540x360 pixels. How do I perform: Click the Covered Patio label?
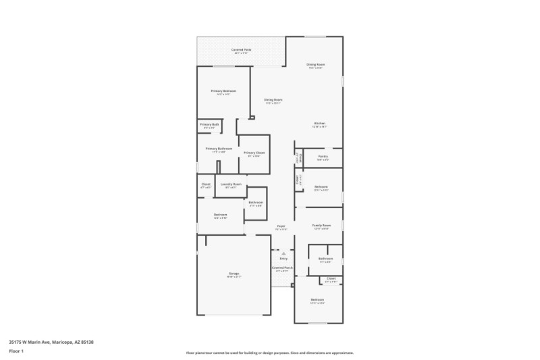coord(242,50)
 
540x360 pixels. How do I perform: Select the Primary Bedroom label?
coord(223,91)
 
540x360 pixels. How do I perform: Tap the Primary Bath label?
coord(209,124)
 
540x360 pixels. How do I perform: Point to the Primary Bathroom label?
coord(219,149)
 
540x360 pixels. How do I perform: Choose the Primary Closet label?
coord(254,153)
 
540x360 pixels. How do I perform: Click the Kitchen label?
coord(319,124)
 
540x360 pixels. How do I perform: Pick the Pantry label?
coord(322,157)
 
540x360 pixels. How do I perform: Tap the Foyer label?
coord(281,226)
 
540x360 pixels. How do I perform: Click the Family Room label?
coord(321,226)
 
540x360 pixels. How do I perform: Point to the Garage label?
coord(234,274)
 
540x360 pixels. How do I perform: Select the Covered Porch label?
coord(282,267)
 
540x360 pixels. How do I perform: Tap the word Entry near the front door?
coord(283,259)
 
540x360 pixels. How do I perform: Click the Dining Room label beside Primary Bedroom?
coord(273,100)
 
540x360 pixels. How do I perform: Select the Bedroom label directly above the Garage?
coord(220,215)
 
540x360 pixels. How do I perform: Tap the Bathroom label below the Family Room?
coord(325,259)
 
